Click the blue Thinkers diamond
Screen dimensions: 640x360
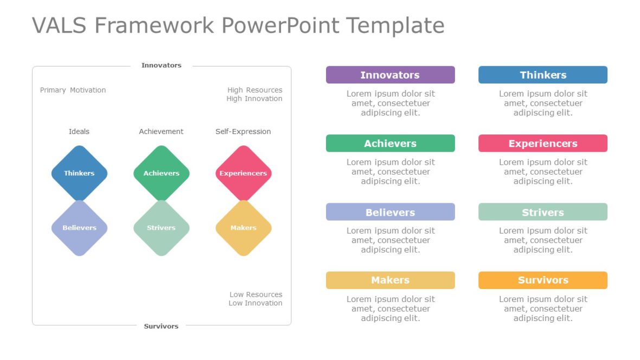(x=80, y=173)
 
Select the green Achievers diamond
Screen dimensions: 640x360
(x=162, y=173)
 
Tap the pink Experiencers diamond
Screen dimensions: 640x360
(x=244, y=173)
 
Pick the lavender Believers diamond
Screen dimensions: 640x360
(x=80, y=228)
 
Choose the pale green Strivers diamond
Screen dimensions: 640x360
(x=162, y=228)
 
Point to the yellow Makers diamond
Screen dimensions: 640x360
(x=244, y=228)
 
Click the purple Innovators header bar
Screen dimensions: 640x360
(x=390, y=75)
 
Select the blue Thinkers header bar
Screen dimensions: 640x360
(x=543, y=75)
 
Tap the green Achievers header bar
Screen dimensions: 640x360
(x=390, y=143)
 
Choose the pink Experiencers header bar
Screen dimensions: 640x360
(x=543, y=143)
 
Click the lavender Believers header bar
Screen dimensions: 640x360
(x=390, y=212)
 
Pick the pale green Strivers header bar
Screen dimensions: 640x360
(x=543, y=212)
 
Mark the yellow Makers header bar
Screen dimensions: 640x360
(x=390, y=280)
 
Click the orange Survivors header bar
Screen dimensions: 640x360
(x=543, y=280)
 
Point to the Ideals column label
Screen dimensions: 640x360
(x=79, y=131)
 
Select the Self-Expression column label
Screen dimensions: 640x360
(x=244, y=131)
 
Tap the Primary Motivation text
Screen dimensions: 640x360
(x=73, y=90)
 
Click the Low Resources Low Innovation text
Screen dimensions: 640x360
(x=255, y=299)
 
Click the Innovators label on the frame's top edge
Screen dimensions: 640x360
(x=161, y=65)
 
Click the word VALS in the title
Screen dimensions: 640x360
(x=59, y=25)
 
